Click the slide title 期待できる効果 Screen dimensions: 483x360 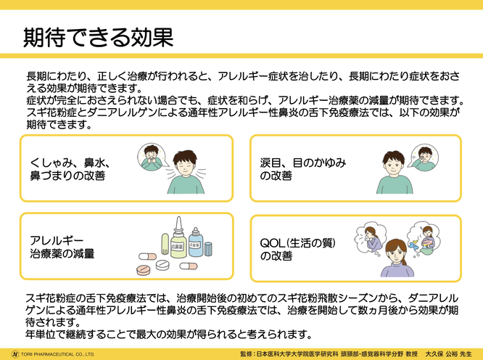pos(98,38)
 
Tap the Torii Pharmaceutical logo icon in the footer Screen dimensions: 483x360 pos(15,354)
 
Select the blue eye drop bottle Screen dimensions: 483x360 pos(196,243)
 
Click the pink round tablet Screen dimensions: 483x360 pos(144,270)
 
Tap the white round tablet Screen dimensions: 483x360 pos(162,265)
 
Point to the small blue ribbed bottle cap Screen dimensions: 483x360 pos(208,249)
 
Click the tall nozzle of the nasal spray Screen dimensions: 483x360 pos(178,224)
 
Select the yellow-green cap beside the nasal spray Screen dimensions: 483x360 pos(165,243)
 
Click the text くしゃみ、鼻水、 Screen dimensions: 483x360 pos(70,163)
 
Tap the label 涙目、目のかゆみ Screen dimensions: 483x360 pos(303,163)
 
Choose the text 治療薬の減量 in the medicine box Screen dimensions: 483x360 pos(62,253)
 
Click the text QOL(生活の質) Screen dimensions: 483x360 pos(297,243)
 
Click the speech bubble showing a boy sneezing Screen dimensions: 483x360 pos(151,157)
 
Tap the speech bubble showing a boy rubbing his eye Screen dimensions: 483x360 pos(425,157)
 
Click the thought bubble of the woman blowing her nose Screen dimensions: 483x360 pos(371,239)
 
